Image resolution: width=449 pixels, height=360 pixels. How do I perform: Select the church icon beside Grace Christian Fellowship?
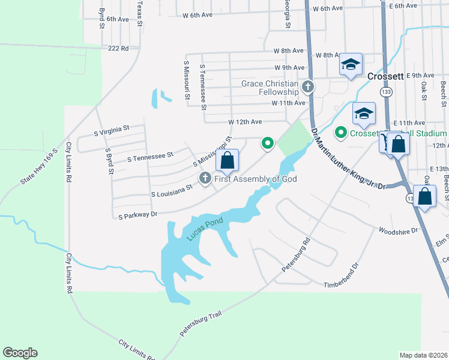click(307, 88)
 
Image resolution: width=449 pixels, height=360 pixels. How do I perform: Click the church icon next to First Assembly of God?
click(205, 178)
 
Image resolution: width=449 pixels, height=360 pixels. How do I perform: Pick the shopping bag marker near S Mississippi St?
click(227, 161)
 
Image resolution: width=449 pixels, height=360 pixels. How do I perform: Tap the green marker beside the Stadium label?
click(341, 132)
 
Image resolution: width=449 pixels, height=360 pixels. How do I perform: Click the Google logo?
click(20, 353)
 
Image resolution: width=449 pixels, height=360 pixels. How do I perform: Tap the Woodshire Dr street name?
click(399, 230)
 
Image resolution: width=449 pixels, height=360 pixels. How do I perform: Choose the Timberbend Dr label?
click(340, 276)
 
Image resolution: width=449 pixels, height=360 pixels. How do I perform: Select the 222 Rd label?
click(118, 48)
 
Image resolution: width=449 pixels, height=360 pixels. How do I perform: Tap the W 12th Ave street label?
click(245, 122)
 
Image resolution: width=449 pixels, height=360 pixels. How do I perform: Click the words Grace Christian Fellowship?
click(270, 88)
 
